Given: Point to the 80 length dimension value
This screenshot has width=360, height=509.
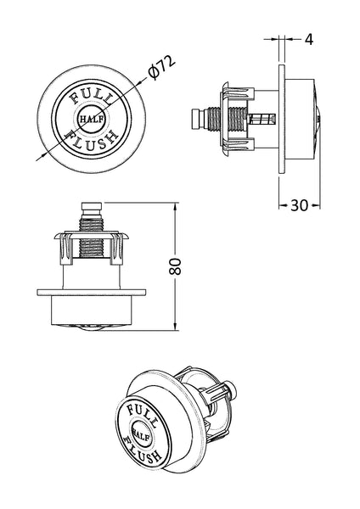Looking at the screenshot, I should tap(175, 266).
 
